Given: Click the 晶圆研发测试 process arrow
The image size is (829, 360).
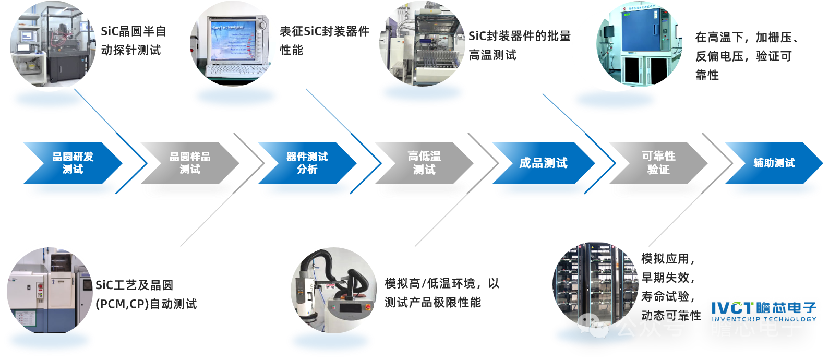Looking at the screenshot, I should pos(73,163).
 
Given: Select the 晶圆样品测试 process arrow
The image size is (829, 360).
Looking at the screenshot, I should pos(190,163).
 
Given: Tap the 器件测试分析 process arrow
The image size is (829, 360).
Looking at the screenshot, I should pos(307,163).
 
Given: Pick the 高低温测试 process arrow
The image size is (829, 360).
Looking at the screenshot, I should pos(424,163).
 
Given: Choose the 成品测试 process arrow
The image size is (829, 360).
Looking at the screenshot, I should pos(543,163).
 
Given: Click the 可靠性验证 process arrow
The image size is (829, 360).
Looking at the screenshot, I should pos(658,163).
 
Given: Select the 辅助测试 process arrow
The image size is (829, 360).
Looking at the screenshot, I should pos(774,163).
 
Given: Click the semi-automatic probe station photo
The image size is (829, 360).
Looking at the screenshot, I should pos(53,47).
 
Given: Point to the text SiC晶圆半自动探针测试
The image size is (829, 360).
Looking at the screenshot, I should pos(134,40).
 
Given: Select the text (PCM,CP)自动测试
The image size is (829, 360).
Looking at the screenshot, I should pos(146,304).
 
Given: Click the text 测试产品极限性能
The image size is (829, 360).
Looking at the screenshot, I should pos(432,303).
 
